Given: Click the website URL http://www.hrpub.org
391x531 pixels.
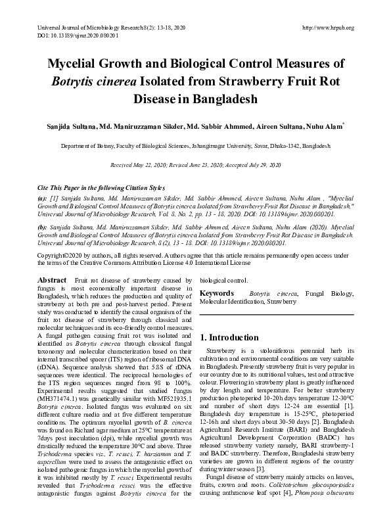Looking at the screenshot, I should (x=327, y=28).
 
